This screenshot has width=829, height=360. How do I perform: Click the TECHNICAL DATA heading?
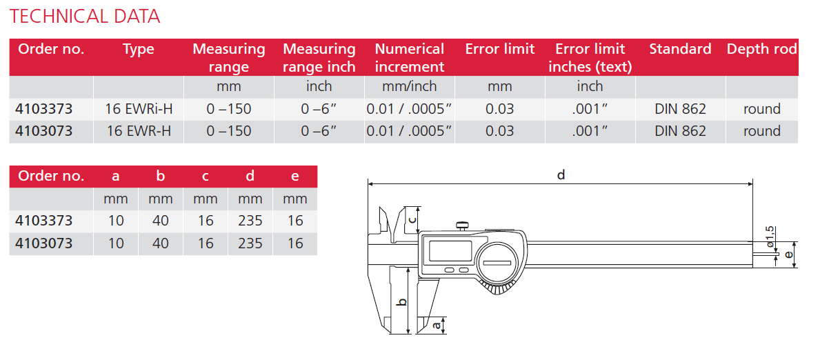coord(85,16)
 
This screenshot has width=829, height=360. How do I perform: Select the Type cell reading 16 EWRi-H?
coord(139,109)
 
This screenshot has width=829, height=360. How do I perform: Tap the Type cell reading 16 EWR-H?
coord(139,131)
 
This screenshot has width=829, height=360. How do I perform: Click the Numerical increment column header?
coord(410,57)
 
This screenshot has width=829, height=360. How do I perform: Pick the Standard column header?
coord(680,49)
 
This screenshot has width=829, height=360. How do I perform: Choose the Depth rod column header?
coord(761,49)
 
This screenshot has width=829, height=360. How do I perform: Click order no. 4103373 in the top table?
coord(43,109)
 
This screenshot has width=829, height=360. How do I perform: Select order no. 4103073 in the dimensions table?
coord(43,243)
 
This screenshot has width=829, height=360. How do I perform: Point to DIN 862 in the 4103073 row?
coord(680,131)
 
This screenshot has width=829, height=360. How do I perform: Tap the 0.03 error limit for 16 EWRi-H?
coord(499,109)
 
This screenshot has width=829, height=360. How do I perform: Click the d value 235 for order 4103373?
coord(250,221)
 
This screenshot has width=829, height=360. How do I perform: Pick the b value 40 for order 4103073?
coord(160,243)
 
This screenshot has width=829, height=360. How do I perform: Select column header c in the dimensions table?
coord(205,177)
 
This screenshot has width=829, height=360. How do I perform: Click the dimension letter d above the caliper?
coord(561,175)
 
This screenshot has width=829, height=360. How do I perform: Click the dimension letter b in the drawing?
coord(403,301)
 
